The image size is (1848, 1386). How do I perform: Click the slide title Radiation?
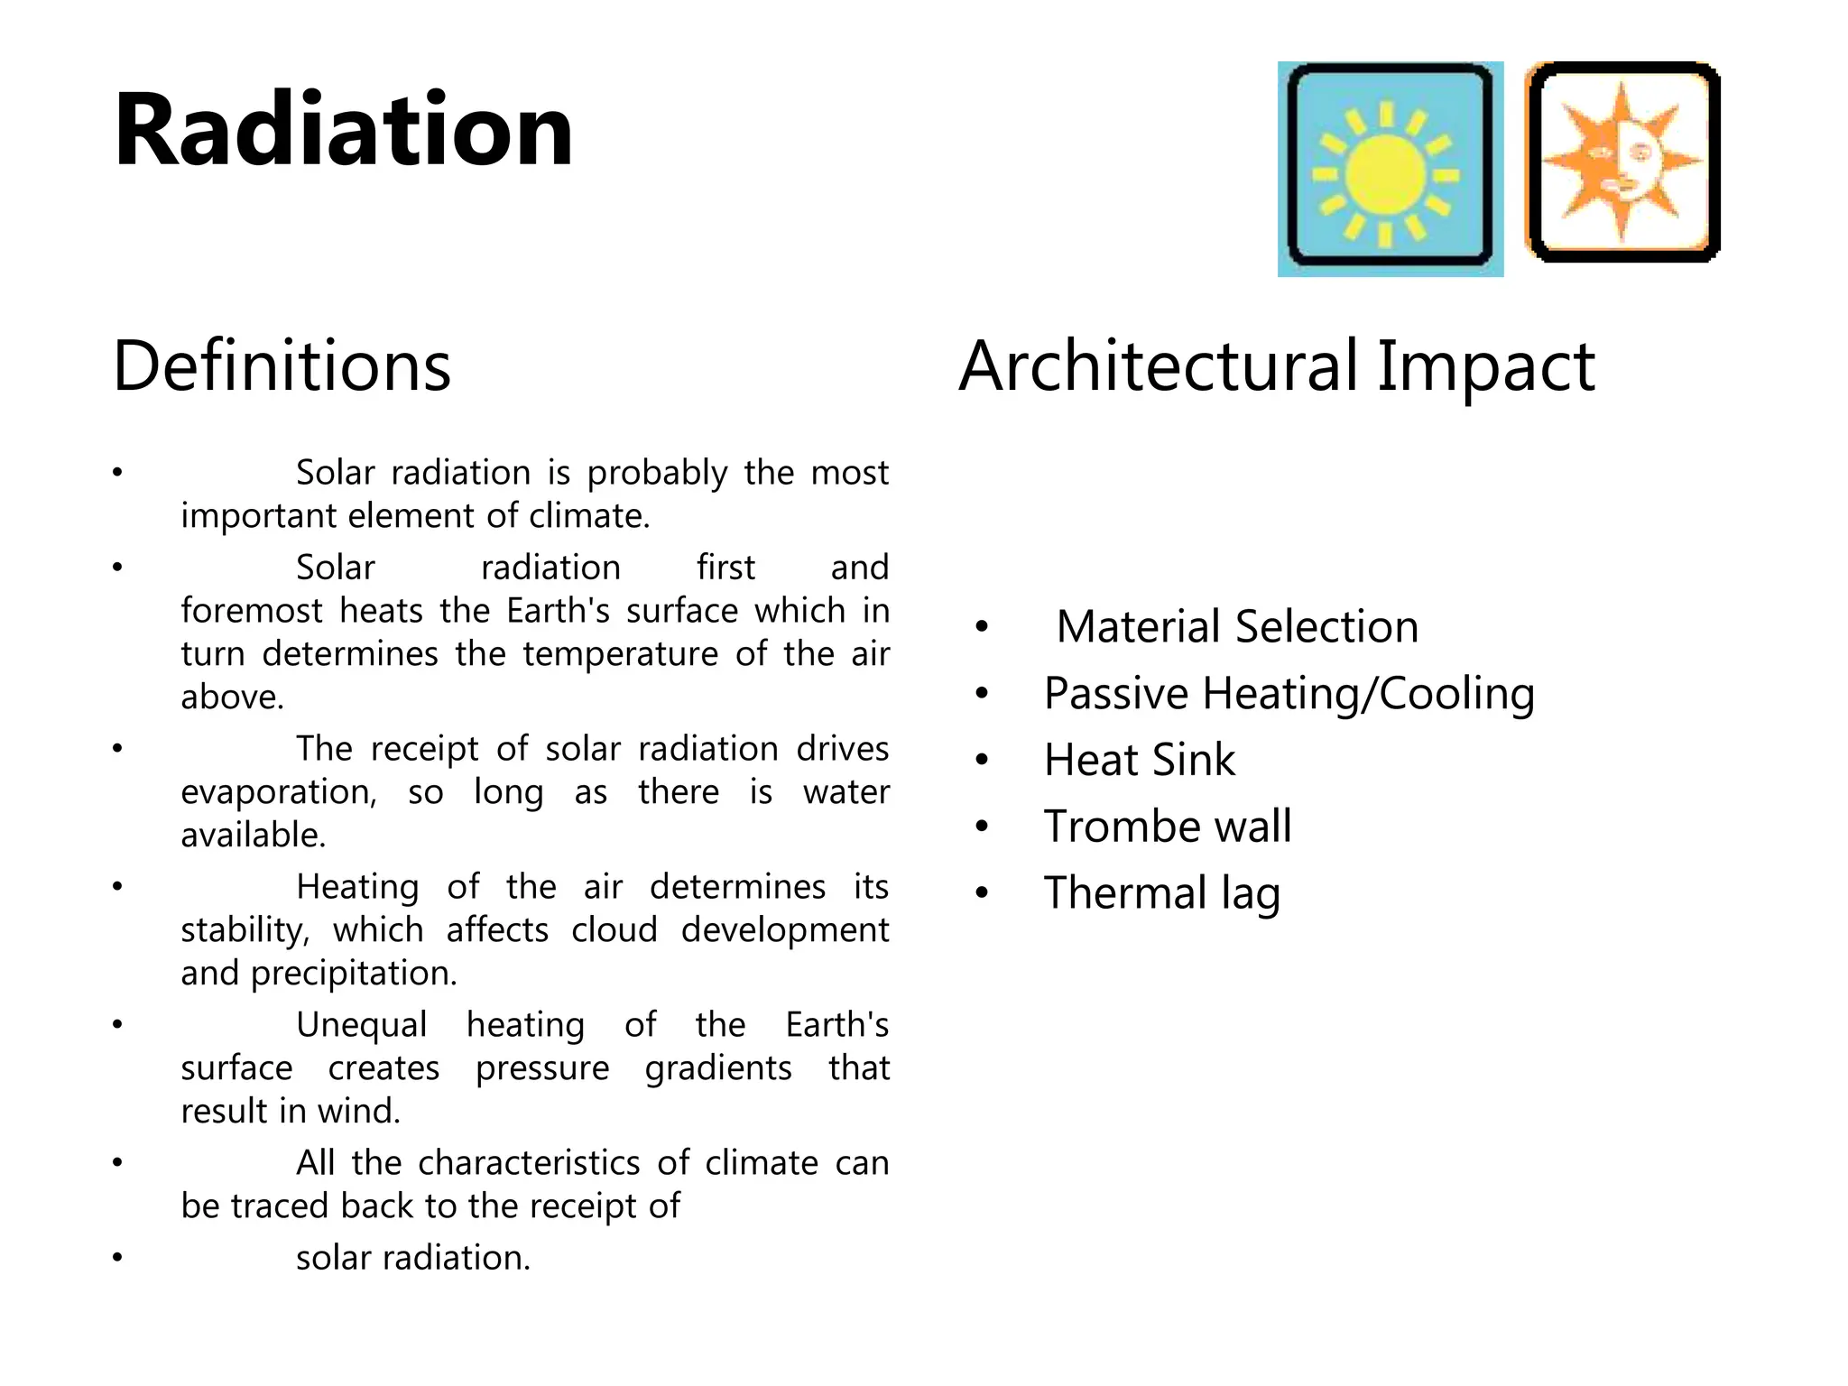[x=343, y=131]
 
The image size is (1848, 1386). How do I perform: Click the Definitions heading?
[x=282, y=366]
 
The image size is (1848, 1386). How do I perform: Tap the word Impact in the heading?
[x=1485, y=366]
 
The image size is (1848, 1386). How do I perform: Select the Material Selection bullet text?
[x=1236, y=626]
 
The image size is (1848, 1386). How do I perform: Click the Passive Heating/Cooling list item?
[x=1289, y=694]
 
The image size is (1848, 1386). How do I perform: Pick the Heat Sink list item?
[x=1139, y=760]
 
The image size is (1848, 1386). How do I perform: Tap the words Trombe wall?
[x=1168, y=827]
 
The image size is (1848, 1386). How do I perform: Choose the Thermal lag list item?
[x=1162, y=893]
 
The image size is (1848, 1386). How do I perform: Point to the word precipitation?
[x=353, y=974]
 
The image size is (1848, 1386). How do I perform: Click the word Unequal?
[x=361, y=1025]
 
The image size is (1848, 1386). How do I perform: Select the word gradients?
[x=718, y=1068]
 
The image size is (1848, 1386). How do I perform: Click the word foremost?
[x=251, y=611]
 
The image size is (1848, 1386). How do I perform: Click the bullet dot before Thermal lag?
[x=982, y=893]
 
